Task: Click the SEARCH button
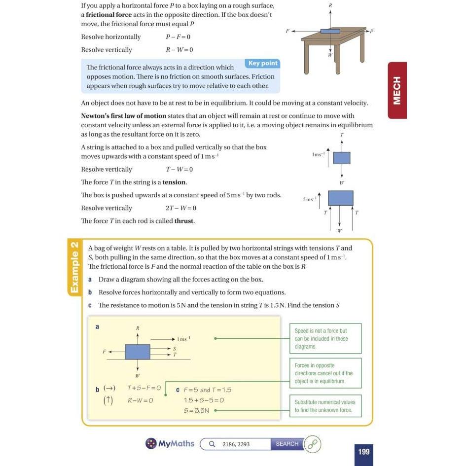click(287, 444)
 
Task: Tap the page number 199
click(363, 452)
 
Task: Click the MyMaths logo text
click(176, 444)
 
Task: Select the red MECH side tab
click(397, 90)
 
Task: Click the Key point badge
click(262, 63)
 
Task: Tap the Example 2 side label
click(74, 267)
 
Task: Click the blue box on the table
click(330, 31)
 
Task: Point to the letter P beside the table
click(371, 31)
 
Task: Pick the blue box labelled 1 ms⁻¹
click(342, 158)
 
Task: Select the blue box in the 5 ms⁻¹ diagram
click(341, 198)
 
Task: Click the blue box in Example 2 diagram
click(137, 352)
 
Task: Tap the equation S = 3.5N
click(196, 410)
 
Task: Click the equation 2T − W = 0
click(181, 208)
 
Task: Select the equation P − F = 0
click(178, 37)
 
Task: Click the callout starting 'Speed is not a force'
click(325, 338)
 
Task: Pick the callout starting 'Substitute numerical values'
click(325, 406)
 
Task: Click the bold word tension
click(174, 182)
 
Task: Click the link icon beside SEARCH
click(313, 444)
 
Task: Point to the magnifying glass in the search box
click(212, 444)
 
